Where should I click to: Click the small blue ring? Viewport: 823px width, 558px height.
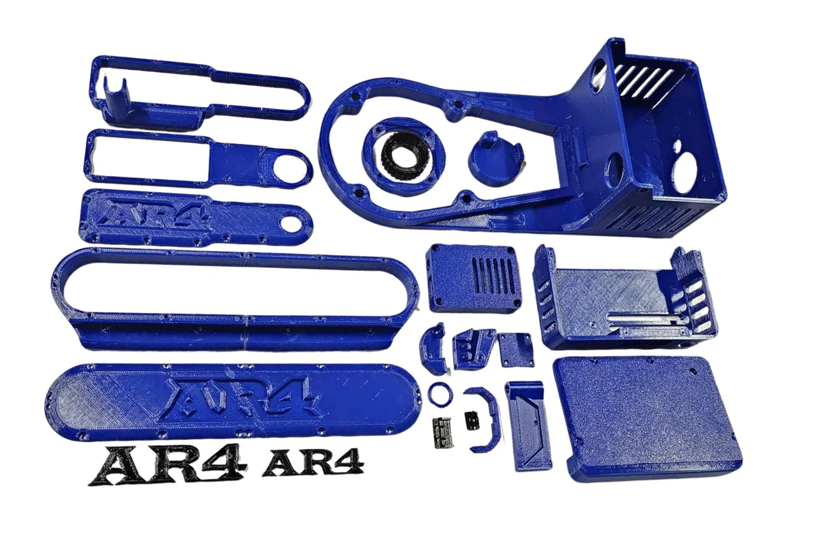440,395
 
